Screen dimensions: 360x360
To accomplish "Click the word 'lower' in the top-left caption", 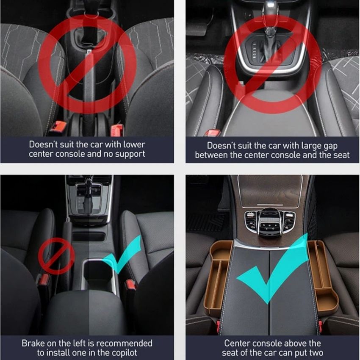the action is (134, 144).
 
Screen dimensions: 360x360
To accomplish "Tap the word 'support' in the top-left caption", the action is (130, 154).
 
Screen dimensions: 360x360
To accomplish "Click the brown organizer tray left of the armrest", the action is (218, 276).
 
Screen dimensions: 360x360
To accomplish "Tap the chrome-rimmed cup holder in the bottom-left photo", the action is (99, 273).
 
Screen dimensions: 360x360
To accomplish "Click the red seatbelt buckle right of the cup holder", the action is (131, 285).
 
